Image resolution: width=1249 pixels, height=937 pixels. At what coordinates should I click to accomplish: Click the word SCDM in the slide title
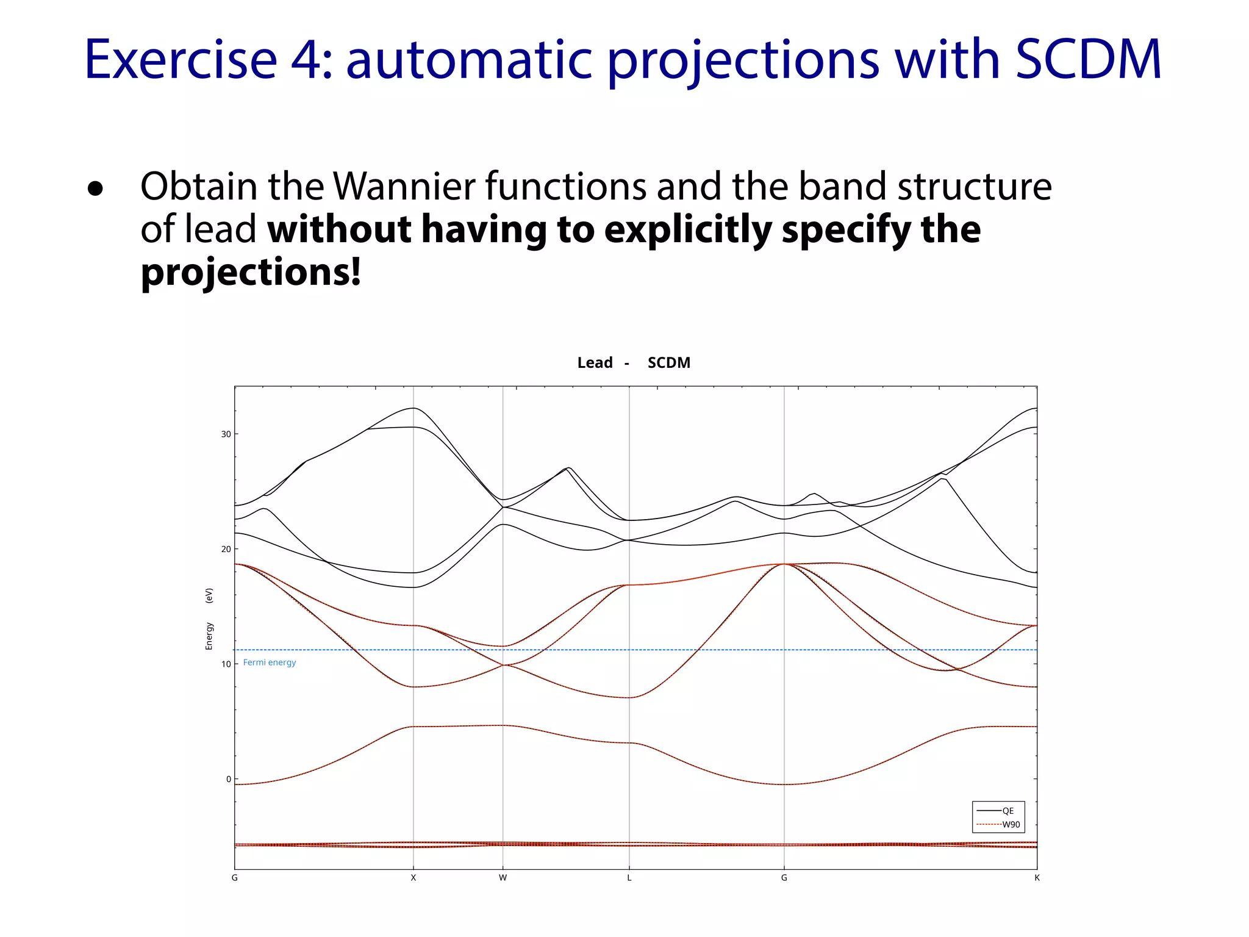tap(1088, 60)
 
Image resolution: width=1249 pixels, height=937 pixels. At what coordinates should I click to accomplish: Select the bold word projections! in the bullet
tap(251, 272)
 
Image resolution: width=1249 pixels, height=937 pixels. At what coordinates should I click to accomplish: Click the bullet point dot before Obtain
tap(95, 188)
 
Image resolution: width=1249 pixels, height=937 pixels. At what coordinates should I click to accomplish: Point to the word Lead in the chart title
tap(595, 363)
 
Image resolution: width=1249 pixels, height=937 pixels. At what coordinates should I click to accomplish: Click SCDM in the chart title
tap(668, 363)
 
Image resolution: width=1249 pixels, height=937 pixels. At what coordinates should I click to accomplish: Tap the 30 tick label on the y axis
tap(226, 434)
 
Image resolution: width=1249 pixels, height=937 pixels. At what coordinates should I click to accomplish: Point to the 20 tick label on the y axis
tap(226, 549)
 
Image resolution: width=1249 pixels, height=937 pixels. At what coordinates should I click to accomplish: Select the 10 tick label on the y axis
tap(226, 664)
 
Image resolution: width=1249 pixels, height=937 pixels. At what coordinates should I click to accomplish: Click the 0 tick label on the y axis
tap(228, 779)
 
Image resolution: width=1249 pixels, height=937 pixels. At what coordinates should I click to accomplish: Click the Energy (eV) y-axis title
tap(209, 619)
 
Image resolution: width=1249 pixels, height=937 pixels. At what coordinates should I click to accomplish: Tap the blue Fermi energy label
tap(269, 662)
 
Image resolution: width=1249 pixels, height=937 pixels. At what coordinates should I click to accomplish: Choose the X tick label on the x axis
tap(413, 878)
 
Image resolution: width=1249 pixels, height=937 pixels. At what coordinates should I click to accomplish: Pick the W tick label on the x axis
tap(503, 878)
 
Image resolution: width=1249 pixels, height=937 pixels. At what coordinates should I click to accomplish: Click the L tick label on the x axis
tap(629, 878)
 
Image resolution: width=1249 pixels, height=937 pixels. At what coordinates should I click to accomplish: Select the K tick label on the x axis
tap(1036, 878)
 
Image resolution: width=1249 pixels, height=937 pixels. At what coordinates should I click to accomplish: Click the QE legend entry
tap(1007, 811)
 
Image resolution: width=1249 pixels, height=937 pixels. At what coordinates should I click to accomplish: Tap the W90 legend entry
tap(1011, 824)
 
